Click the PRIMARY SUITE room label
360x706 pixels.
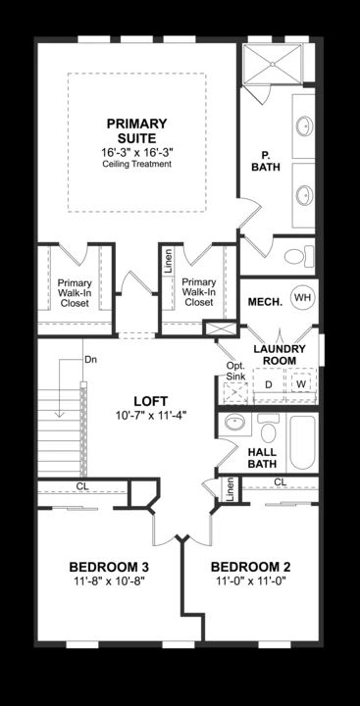136,131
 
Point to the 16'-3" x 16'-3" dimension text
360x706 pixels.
136,153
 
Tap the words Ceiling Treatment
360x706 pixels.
136,165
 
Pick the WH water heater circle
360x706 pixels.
301,297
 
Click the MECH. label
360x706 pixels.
265,301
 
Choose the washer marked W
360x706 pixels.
301,384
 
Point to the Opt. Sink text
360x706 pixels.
234,370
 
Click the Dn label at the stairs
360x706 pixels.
90,359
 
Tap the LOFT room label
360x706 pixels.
151,401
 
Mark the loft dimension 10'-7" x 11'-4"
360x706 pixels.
151,415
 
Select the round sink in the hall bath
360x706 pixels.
234,423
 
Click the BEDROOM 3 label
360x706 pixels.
109,568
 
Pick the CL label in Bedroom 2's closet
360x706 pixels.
280,481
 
